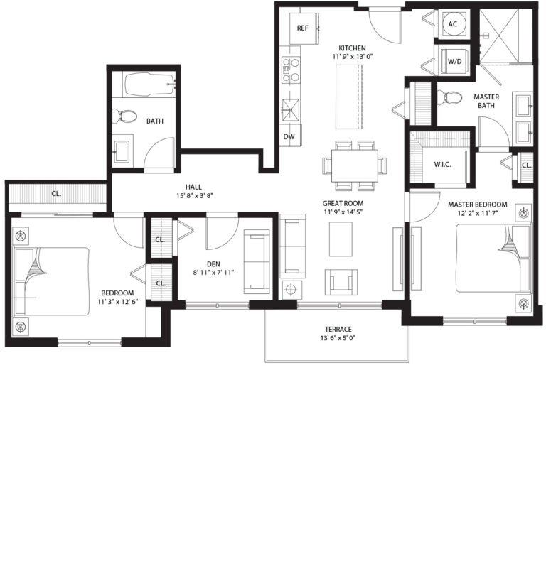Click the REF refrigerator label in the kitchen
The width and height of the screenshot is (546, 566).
302,28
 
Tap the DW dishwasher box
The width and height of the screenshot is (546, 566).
289,136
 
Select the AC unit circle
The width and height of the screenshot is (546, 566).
453,24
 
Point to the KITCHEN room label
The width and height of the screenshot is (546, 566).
352,48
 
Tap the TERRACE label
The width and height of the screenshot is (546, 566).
337,329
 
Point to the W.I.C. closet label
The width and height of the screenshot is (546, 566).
443,165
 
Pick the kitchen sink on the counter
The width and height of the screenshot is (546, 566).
290,109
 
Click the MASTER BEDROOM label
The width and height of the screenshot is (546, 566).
478,204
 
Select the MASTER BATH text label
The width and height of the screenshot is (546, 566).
486,102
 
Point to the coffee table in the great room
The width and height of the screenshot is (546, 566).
341,239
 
